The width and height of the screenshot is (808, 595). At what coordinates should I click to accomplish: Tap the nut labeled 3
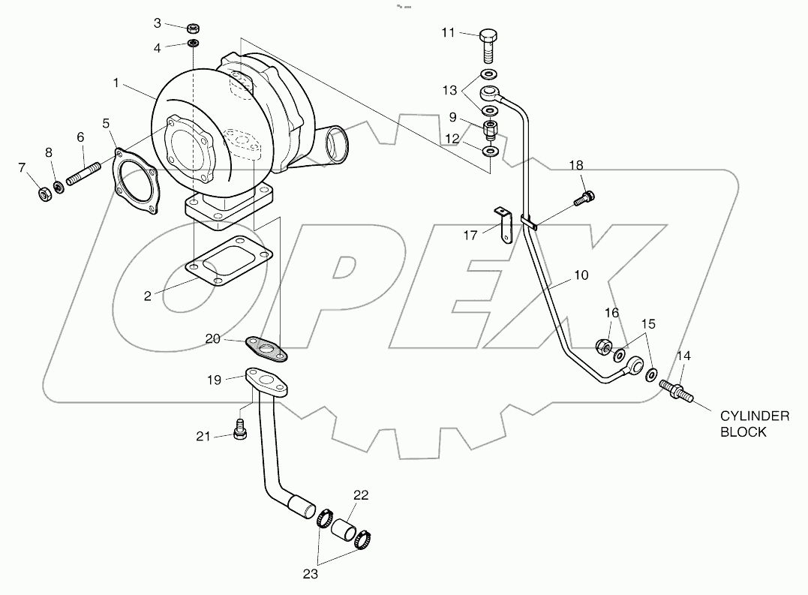193,29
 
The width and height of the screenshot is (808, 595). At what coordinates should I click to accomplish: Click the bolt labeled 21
241,431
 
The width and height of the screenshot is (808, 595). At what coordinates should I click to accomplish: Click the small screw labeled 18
586,199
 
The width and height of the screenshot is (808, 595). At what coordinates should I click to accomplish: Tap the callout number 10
581,275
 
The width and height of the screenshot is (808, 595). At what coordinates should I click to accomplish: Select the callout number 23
310,575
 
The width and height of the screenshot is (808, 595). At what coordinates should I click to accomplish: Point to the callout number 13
449,91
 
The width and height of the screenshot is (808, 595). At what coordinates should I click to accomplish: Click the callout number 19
215,380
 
